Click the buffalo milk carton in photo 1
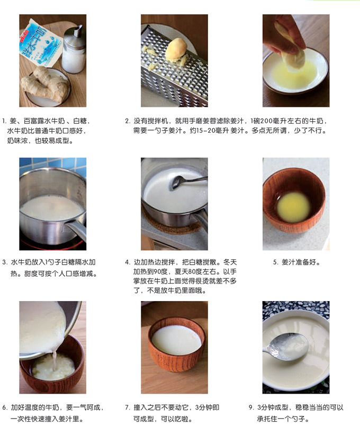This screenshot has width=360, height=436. (x=40, y=43)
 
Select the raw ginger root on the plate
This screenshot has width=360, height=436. (x=45, y=84)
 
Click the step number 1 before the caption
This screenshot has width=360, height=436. (x=4, y=121)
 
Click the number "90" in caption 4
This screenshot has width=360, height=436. (x=157, y=271)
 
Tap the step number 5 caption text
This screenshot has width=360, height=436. (x=296, y=262)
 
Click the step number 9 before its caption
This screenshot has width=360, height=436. (x=251, y=407)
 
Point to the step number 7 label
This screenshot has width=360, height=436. (x=128, y=407)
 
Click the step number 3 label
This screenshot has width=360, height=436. (x=5, y=262)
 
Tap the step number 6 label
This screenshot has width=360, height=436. (x=5, y=407)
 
